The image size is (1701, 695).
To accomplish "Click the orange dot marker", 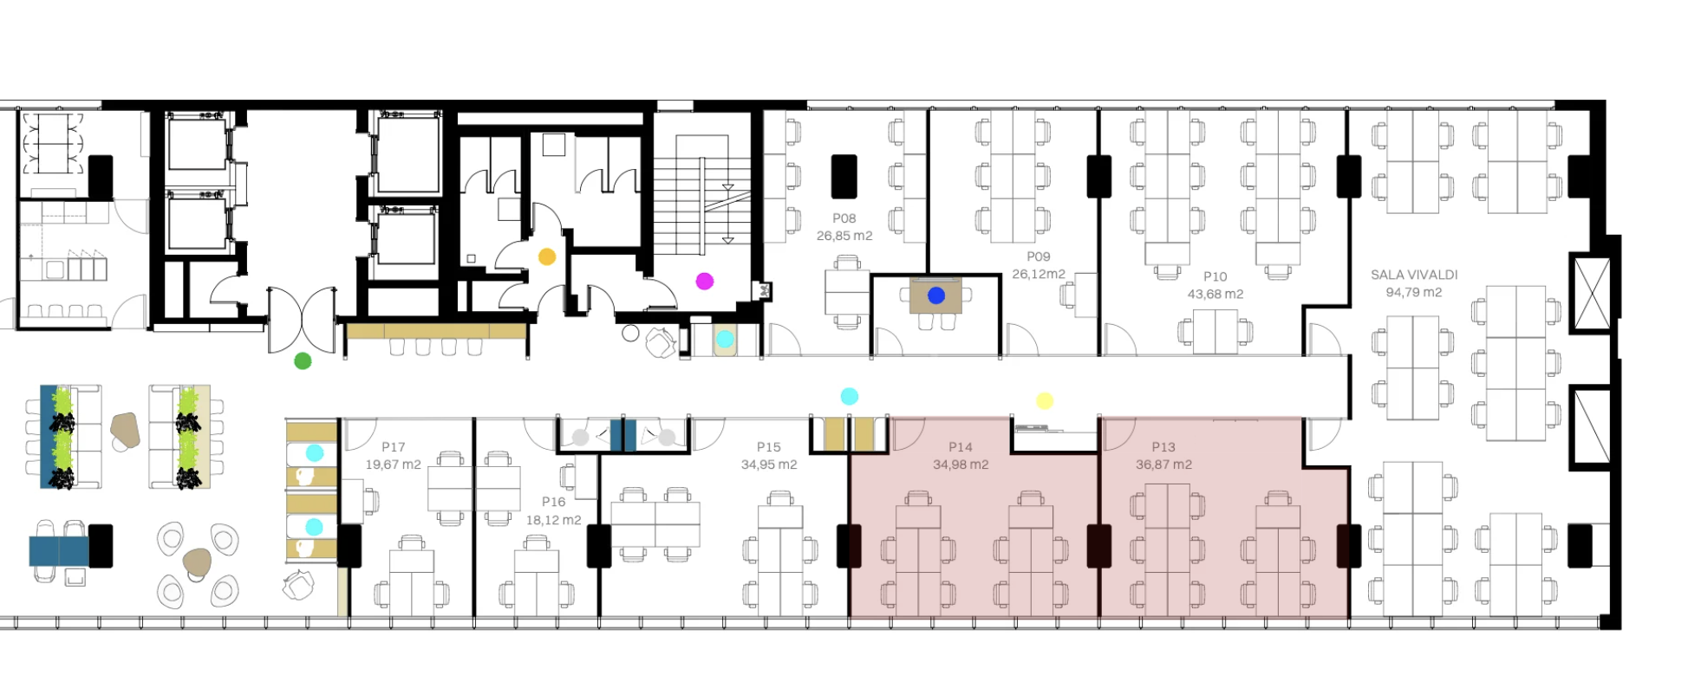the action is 547,257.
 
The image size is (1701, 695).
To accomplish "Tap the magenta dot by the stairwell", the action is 705,281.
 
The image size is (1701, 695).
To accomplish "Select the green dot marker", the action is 303,360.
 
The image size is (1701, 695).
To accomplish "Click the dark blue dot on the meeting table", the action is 936,296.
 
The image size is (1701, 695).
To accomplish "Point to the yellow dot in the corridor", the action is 1045,400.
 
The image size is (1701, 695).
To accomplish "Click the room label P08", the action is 844,218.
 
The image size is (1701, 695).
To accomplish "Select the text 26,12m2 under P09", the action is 1039,274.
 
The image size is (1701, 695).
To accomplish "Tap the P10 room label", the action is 1215,276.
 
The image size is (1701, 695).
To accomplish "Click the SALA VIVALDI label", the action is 1414,275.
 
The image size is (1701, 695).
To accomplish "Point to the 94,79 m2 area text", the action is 1414,292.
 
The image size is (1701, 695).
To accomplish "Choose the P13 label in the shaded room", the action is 1163,447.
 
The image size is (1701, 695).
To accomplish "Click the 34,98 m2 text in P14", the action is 961,464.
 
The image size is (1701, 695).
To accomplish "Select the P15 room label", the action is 769,447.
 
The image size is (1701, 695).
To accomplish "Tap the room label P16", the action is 554,502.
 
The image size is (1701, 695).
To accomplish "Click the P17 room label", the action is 394,447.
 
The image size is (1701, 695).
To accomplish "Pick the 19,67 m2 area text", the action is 394,464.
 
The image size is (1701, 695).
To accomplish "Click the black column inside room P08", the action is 844,176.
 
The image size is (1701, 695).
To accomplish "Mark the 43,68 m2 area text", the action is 1215,294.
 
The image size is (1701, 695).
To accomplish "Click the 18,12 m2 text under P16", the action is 554,520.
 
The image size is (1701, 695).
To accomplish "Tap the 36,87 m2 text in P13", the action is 1163,464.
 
